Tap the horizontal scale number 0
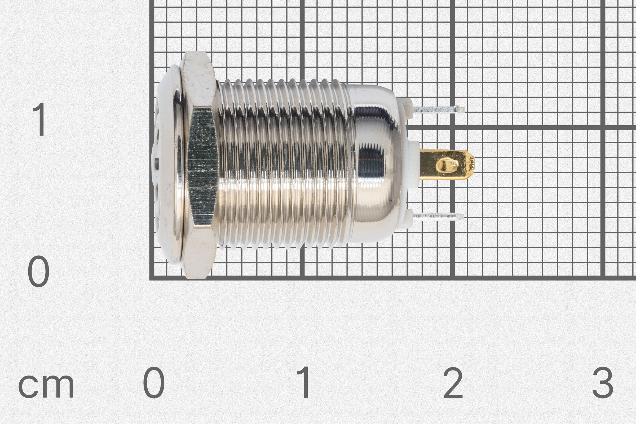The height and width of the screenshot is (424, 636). pyautogui.click(x=154, y=383)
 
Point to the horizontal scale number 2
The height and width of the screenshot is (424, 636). pyautogui.click(x=453, y=383)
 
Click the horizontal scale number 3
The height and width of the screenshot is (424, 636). pyautogui.click(x=602, y=383)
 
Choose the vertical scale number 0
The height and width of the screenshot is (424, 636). pyautogui.click(x=39, y=271)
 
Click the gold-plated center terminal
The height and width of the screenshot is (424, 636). pyautogui.click(x=446, y=164)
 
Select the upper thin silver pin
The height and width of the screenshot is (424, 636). pyautogui.click(x=438, y=109)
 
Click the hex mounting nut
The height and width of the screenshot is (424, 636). pyautogui.click(x=201, y=165)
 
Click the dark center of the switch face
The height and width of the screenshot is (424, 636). pyautogui.click(x=156, y=162)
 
